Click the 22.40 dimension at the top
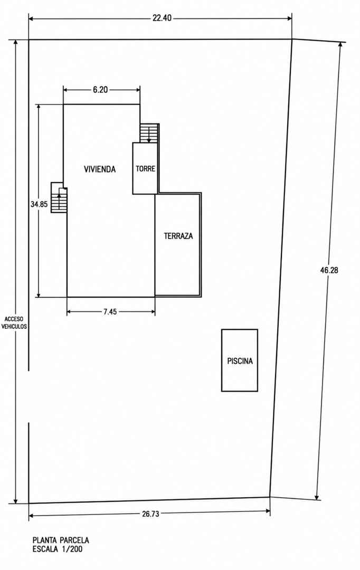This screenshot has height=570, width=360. (162, 18)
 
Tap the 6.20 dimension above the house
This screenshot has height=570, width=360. (100, 90)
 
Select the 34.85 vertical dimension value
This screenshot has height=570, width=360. (39, 204)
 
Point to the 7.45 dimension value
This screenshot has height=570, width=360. (110, 311)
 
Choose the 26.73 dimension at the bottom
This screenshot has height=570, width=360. (150, 514)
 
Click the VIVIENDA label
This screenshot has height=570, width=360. (100, 169)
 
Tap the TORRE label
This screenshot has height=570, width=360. (146, 169)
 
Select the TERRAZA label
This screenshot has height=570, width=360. (178, 236)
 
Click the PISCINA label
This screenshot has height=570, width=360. (240, 361)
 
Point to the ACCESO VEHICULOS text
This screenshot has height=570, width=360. (14, 323)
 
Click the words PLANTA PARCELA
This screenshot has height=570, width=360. (61, 540)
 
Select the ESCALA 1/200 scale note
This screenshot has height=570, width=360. (58, 549)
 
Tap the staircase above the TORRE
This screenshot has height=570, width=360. (149, 133)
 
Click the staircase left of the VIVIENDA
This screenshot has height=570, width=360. (59, 197)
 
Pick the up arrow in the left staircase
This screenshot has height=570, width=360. (59, 202)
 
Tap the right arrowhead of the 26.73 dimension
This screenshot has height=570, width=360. (268, 511)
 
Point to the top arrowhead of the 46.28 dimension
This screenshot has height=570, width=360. (340, 45)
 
